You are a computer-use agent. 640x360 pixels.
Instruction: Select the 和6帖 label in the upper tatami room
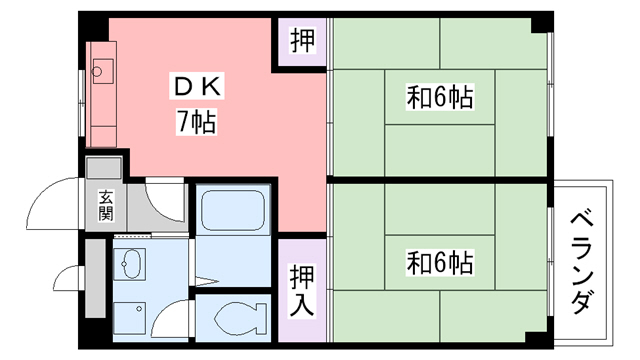click(x=439, y=98)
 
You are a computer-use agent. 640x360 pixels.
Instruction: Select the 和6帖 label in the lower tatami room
click(x=439, y=263)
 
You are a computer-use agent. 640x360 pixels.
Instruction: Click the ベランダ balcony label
click(x=585, y=262)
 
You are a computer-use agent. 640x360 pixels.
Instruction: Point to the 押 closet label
click(x=301, y=42)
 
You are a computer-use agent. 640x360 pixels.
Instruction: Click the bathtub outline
click(x=232, y=212)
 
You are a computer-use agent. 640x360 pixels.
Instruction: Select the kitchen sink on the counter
click(x=101, y=69)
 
